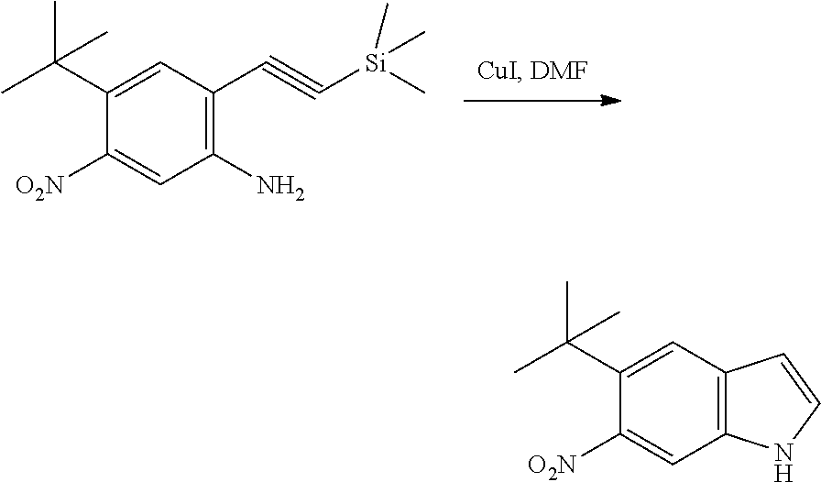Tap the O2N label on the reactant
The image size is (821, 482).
click(39, 191)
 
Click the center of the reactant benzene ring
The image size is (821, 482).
click(161, 124)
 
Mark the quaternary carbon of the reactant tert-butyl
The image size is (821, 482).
click(56, 62)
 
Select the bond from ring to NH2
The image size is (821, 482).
click(234, 170)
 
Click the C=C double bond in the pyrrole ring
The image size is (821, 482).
click(803, 384)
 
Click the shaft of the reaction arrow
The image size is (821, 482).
click(531, 101)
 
